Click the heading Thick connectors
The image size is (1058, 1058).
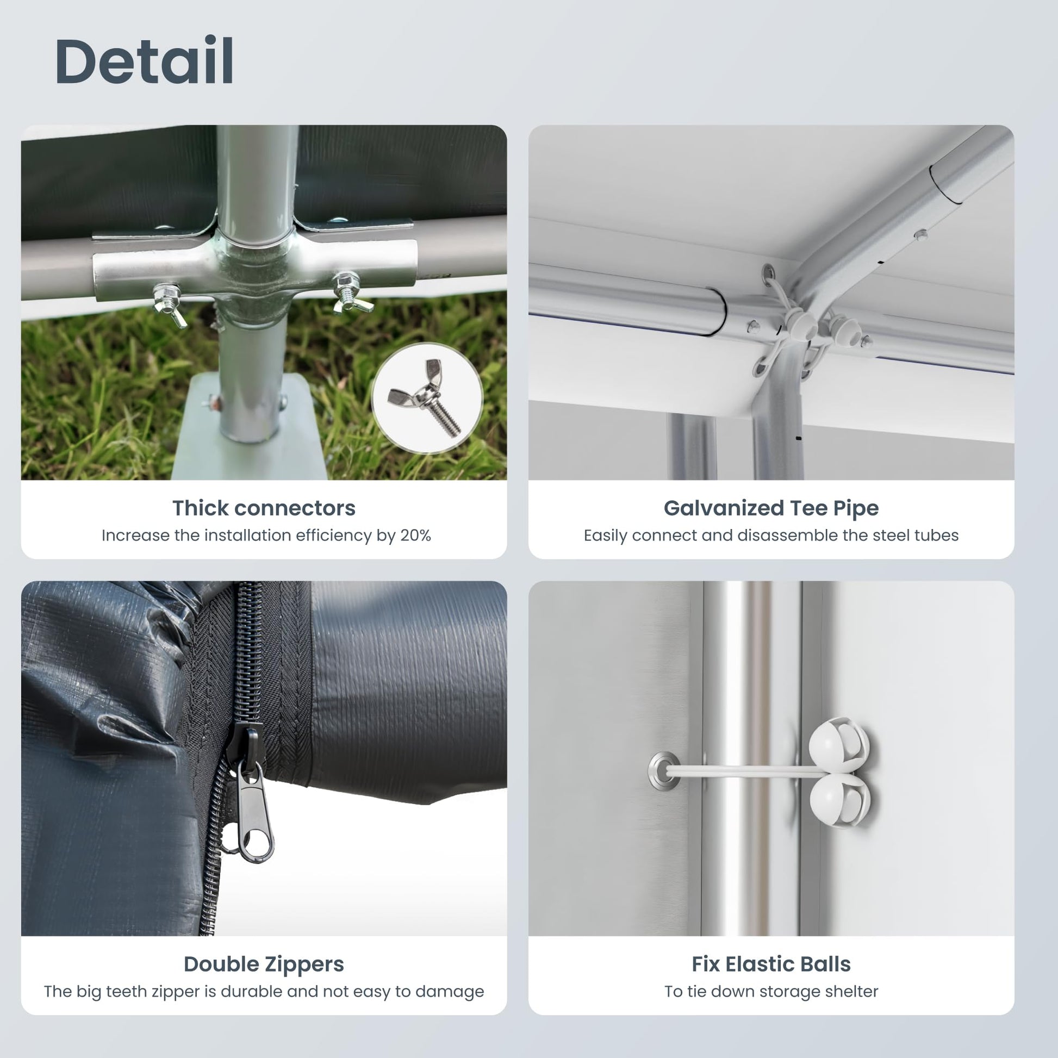[264, 508]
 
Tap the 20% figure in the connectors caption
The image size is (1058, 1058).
[415, 536]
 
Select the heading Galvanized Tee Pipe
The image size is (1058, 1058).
[771, 508]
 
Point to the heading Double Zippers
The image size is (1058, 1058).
[264, 964]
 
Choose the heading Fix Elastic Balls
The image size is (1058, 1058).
[771, 964]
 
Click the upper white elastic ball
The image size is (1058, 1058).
[838, 743]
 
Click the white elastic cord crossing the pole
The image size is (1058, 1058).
[745, 771]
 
